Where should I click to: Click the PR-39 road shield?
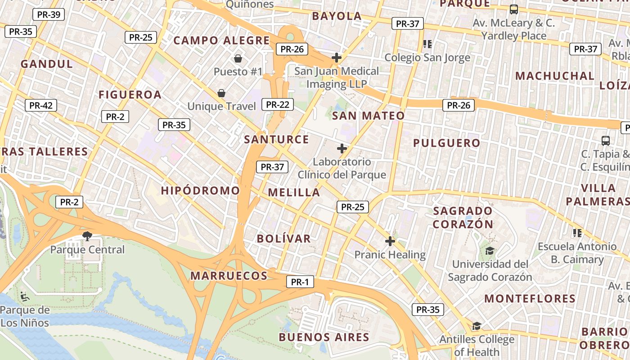[49, 14]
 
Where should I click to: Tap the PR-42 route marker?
[41, 106]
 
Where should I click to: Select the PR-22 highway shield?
[277, 104]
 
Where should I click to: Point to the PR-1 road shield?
[300, 282]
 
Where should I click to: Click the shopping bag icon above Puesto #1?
[238, 58]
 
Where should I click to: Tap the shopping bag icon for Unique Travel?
[221, 93]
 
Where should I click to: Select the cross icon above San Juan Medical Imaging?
[336, 58]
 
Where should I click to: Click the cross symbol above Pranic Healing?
[390, 241]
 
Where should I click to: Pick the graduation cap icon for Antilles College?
[477, 326]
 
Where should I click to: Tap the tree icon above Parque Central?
[87, 236]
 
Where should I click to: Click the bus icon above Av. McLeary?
[513, 9]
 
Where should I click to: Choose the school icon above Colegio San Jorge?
[427, 44]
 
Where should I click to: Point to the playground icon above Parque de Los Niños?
[25, 296]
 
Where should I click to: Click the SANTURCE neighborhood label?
[276, 139]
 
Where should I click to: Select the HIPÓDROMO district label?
[200, 190]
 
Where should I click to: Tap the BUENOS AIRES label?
[324, 337]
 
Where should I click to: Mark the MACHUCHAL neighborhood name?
[554, 76]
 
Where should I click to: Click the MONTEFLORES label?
[530, 298]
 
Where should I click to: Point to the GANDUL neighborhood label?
[47, 64]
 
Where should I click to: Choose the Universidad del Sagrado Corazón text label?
[490, 270]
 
